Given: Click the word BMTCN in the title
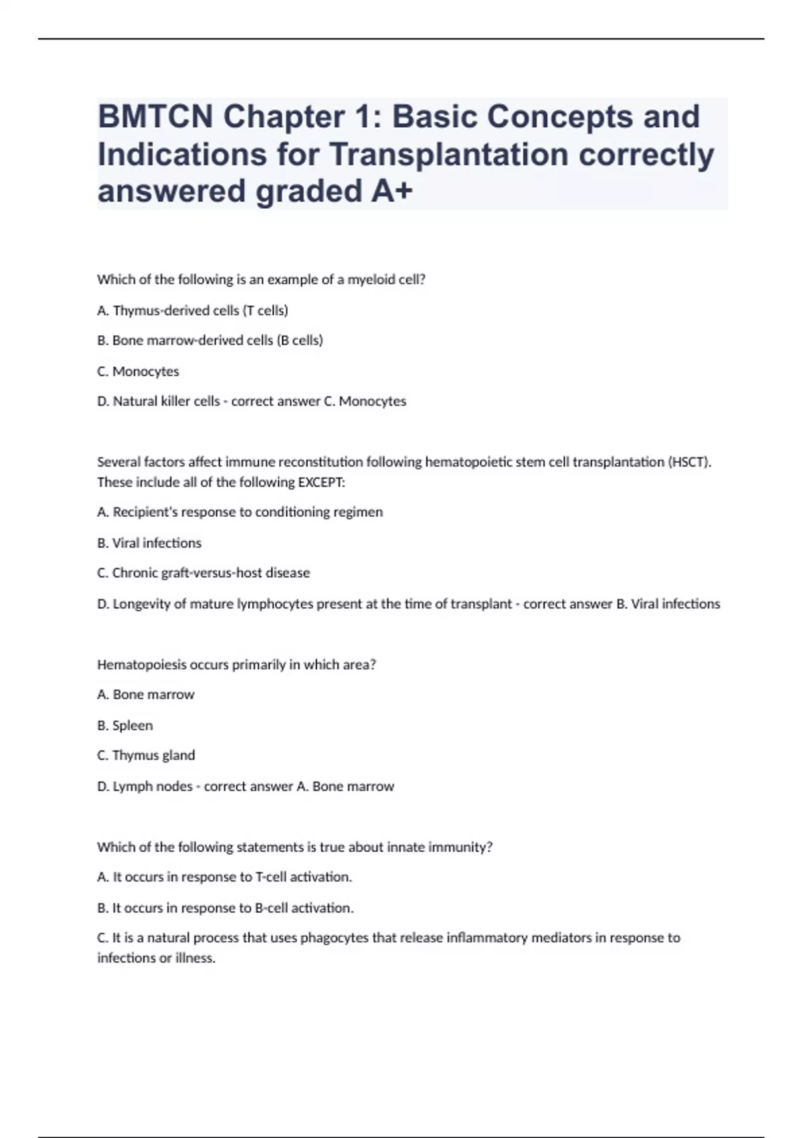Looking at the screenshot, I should click(x=155, y=117).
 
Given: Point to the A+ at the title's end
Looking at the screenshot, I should click(x=391, y=191).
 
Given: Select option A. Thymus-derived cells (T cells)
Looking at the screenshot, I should click(x=193, y=311).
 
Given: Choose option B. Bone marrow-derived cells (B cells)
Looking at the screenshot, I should click(x=210, y=341).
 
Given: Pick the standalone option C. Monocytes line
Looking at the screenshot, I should click(x=139, y=372).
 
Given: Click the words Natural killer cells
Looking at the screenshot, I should click(x=167, y=402).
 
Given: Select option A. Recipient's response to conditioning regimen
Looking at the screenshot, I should click(x=240, y=512).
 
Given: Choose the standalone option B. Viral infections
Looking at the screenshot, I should click(x=149, y=543).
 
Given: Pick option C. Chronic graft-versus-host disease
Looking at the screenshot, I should click(x=203, y=573).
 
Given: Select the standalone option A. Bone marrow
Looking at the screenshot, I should click(x=146, y=695).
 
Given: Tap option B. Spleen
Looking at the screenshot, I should click(x=125, y=726).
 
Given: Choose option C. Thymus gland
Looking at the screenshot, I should click(x=146, y=756).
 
